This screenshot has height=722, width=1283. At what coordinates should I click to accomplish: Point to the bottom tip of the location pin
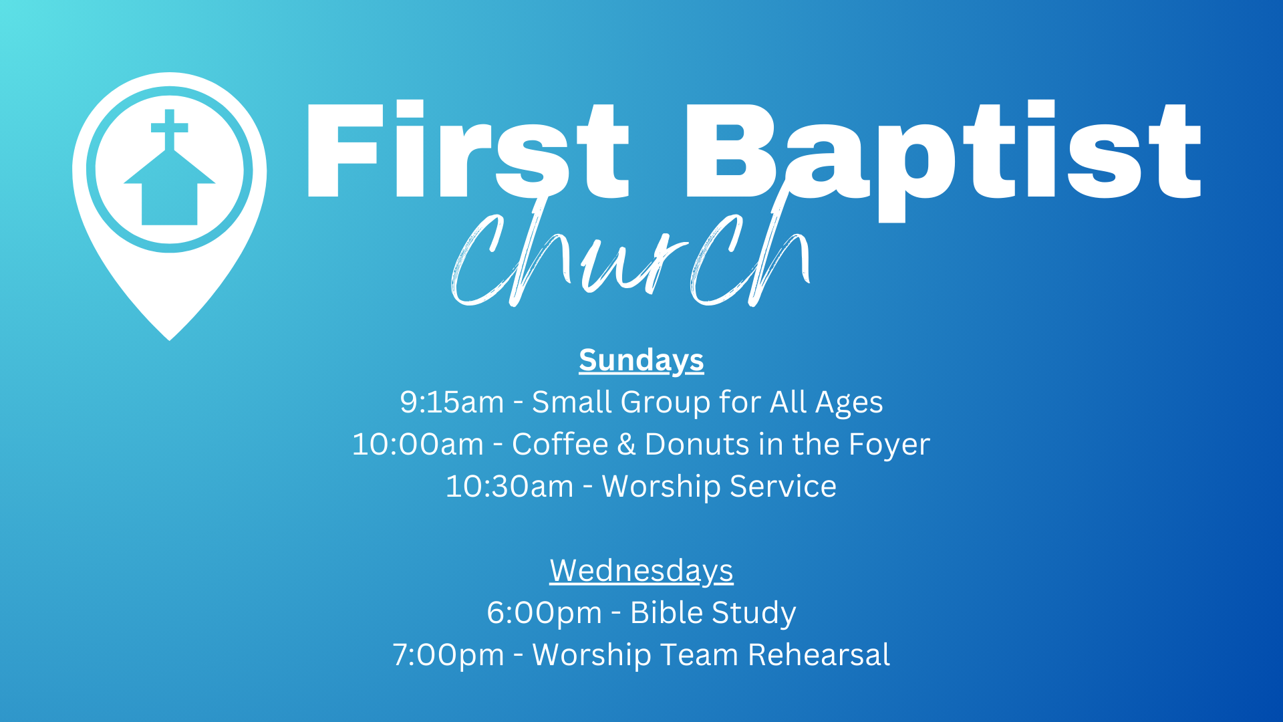[170, 340]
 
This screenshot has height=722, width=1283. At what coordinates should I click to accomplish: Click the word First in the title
[467, 150]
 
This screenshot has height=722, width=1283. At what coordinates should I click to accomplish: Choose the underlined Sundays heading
[641, 361]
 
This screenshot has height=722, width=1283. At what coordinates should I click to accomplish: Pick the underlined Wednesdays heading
[641, 571]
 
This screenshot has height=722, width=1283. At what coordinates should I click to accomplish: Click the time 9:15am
[452, 402]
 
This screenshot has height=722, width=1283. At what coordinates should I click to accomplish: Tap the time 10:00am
[418, 445]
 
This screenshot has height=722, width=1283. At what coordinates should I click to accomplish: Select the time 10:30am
[509, 487]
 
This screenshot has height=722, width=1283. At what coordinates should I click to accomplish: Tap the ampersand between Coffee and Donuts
[626, 445]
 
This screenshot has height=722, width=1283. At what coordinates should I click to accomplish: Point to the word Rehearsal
[819, 654]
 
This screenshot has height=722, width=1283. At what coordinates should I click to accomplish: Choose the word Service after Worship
[783, 486]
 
